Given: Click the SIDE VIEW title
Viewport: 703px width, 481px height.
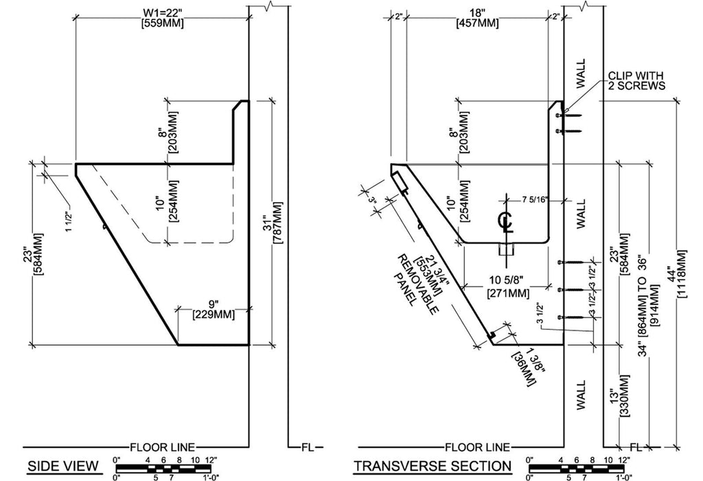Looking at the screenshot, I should pos(62,467).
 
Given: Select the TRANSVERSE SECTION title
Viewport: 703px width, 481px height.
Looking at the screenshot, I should pos(432,467).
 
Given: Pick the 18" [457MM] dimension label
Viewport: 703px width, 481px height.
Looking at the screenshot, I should pos(478,16).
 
